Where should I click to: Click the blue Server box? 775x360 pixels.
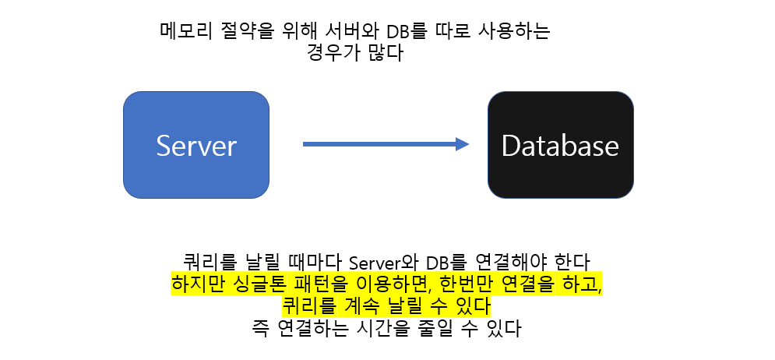[196, 145]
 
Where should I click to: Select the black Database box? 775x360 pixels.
[560, 145]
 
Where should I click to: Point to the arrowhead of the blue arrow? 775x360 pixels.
[462, 143]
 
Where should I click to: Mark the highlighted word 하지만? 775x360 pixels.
[196, 283]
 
